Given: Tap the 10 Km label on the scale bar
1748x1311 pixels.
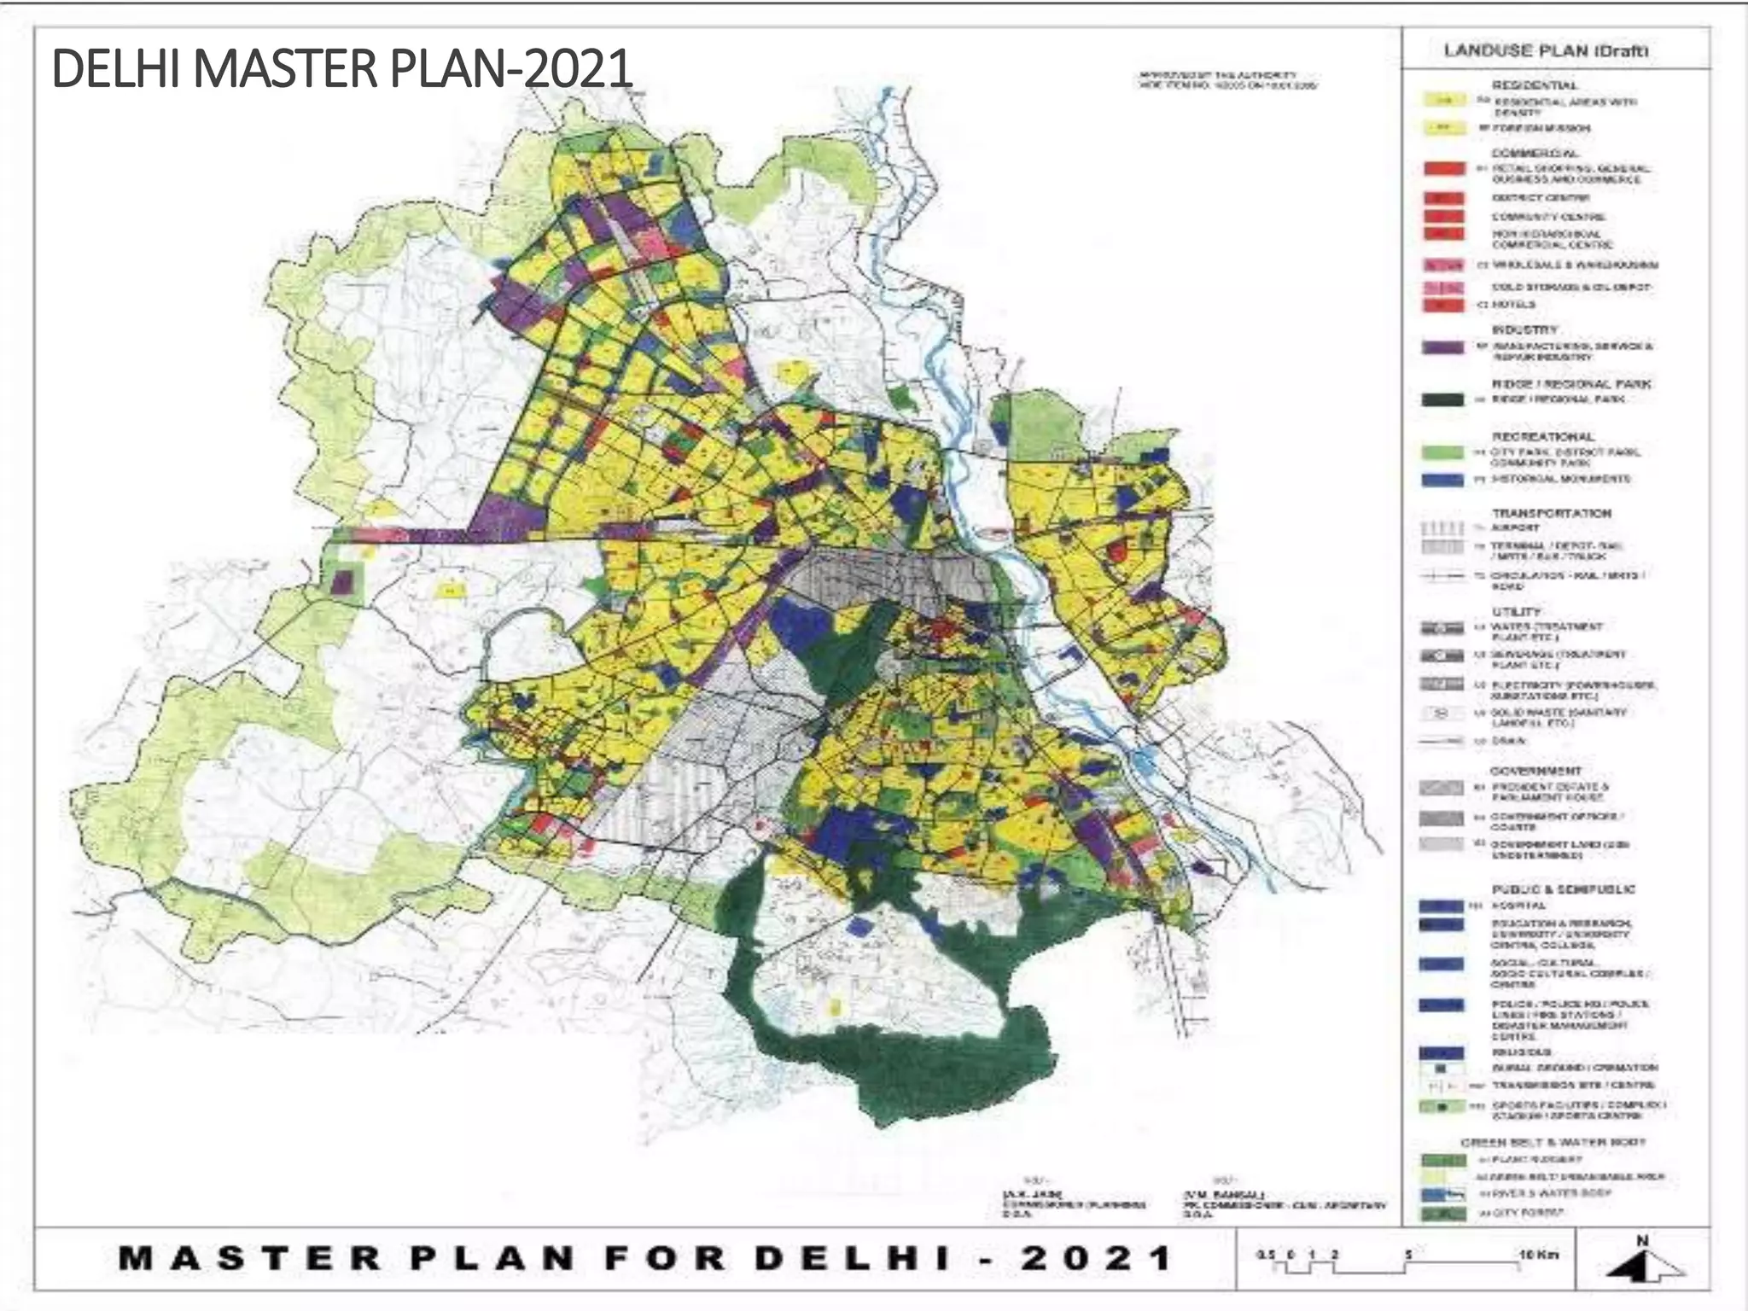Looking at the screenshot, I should pos(1538,1254).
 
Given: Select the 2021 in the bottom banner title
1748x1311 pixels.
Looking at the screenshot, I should pos(1096,1258).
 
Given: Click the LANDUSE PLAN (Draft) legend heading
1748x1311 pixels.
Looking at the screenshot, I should pos(1546,50).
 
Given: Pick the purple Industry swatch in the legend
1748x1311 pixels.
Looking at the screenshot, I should pos(1443,347).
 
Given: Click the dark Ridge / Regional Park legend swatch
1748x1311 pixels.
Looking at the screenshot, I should pos(1443,399).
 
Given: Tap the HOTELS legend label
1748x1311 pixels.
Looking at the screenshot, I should pos(1514,305).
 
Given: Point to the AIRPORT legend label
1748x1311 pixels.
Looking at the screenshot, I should pos(1515,527).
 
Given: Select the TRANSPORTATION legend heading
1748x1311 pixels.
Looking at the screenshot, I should pos(1551,513).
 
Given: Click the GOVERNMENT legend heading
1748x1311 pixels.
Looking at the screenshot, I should pos(1535,770).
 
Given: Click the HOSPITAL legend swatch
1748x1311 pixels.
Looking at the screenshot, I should pos(1442,906).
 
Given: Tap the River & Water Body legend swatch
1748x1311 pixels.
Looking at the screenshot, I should pos(1443,1194).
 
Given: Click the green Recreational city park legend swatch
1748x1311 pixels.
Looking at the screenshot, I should pos(1443,452).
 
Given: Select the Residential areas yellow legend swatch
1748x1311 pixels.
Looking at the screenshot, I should pos(1443,101).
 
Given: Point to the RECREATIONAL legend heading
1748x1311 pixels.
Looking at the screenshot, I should pos(1542,436).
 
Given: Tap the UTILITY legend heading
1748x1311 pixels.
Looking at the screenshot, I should pos(1516,611).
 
